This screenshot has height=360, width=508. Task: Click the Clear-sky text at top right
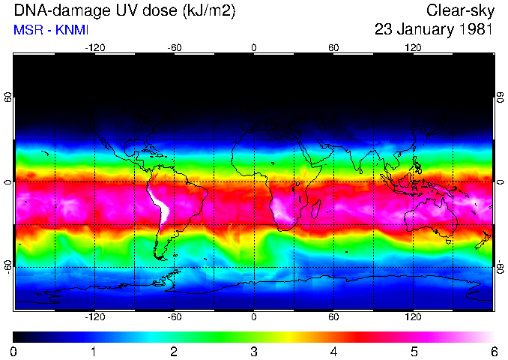click(x=459, y=11)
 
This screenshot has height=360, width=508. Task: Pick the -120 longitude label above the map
click(x=94, y=47)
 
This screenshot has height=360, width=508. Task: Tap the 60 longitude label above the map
click(x=333, y=47)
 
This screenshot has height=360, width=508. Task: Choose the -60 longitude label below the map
click(x=174, y=317)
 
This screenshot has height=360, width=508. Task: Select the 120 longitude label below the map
click(x=413, y=317)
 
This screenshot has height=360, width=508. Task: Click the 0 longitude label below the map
click(x=254, y=317)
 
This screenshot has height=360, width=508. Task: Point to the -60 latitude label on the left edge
click(x=8, y=266)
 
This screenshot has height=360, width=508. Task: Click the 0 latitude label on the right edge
click(x=500, y=182)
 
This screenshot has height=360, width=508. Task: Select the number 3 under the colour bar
click(x=254, y=351)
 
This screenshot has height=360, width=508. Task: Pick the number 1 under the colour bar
click(x=94, y=351)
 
